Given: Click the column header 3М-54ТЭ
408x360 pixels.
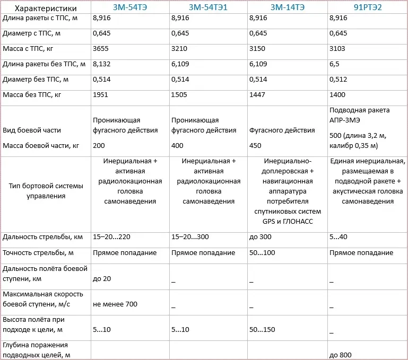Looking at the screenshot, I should (x=131, y=8).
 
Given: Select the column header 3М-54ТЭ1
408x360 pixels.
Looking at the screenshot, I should (x=209, y=8).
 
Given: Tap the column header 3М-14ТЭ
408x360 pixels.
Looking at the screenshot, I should (x=288, y=8).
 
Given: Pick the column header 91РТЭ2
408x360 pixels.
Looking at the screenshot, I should (x=367, y=8).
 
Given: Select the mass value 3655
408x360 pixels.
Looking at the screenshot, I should (x=101, y=48).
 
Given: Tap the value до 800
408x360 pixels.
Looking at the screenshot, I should (x=341, y=355).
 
